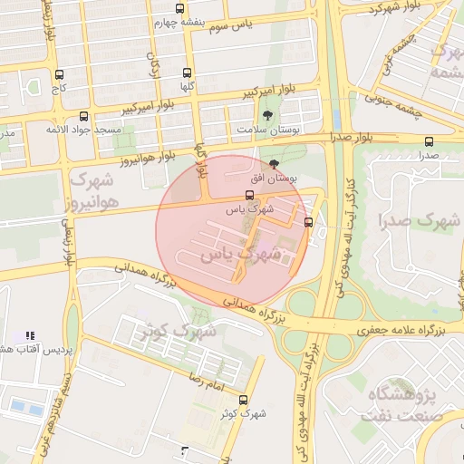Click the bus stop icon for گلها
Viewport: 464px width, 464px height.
188,72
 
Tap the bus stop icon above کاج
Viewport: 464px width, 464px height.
60,74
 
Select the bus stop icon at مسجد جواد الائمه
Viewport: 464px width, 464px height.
84,117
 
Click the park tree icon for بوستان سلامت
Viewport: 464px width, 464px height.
266,115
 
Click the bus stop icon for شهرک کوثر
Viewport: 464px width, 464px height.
243,400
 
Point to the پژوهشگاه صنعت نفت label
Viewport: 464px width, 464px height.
404,406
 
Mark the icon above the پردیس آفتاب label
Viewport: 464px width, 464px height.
30,335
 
